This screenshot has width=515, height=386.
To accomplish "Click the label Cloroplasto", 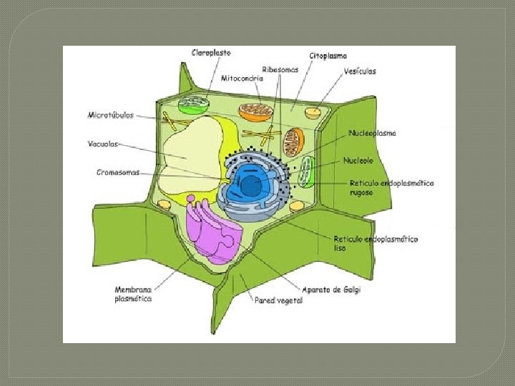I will pyautogui.click(x=211, y=52).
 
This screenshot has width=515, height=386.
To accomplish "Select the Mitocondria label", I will pyautogui.click(x=242, y=79).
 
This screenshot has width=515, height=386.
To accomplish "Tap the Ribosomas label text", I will pyautogui.click(x=280, y=69).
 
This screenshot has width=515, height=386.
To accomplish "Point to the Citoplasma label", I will pyautogui.click(x=328, y=55).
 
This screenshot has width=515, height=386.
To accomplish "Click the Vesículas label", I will pyautogui.click(x=360, y=71).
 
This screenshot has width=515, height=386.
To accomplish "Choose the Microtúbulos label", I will pyautogui.click(x=110, y=114).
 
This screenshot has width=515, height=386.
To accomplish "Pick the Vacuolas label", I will pyautogui.click(x=103, y=143).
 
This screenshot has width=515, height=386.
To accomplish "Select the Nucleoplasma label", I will pyautogui.click(x=373, y=133).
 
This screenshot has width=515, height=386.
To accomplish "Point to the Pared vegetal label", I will pyautogui.click(x=279, y=301).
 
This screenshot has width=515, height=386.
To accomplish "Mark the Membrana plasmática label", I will pyautogui.click(x=133, y=295).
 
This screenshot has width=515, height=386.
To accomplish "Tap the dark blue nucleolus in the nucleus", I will pyautogui.click(x=250, y=187).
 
